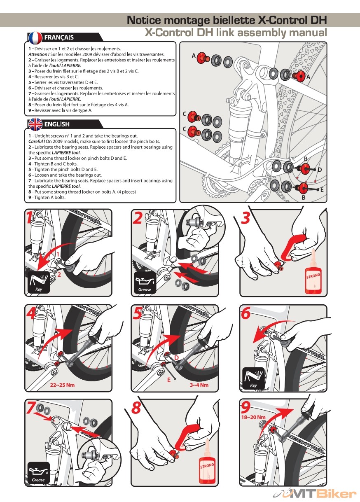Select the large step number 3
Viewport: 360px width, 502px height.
[246, 218]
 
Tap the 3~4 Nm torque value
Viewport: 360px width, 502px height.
[199, 385]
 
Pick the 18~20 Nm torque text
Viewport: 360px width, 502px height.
[254, 417]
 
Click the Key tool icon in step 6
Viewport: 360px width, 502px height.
[253, 378]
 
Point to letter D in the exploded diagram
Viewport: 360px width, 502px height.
[320, 170]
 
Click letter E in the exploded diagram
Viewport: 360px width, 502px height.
[322, 189]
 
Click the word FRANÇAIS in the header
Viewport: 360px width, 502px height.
[59, 37]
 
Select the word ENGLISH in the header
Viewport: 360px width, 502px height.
[57, 124]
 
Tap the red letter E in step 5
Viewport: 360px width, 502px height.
[169, 380]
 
